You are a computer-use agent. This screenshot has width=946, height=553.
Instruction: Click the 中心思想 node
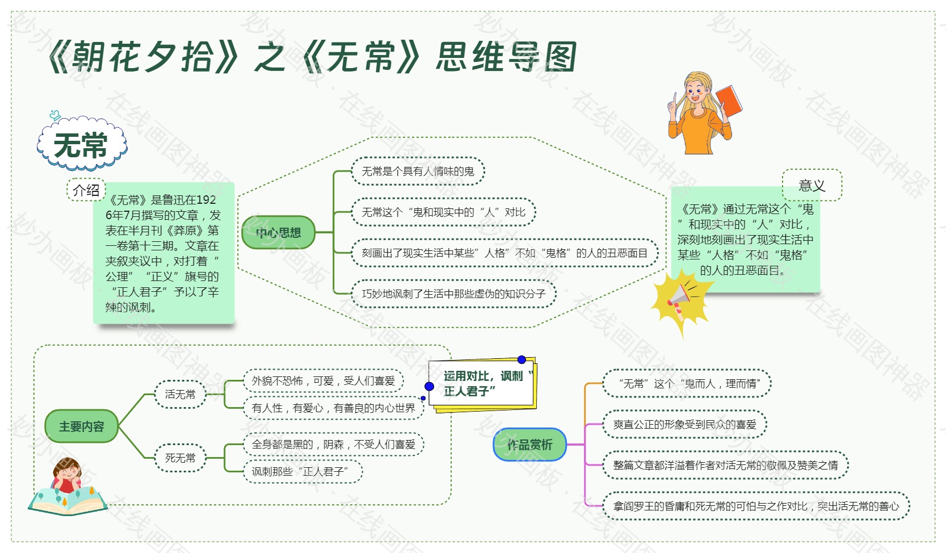[278, 232]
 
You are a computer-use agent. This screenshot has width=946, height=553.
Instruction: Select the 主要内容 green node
[82, 426]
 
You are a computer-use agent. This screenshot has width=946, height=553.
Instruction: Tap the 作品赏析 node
[529, 445]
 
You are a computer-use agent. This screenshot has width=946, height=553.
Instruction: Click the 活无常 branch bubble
[180, 394]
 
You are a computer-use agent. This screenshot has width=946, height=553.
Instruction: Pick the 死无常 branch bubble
[180, 458]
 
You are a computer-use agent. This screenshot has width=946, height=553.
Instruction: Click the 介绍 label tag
[86, 190]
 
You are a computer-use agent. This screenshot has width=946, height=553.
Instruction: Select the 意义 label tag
[812, 185]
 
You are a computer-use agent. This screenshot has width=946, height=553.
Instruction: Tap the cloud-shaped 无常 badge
[82, 144]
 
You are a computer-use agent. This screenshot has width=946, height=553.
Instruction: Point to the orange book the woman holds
[729, 100]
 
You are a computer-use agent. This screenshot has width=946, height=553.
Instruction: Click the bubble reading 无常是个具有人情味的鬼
[418, 171]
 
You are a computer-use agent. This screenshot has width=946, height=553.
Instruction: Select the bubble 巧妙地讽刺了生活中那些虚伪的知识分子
[453, 294]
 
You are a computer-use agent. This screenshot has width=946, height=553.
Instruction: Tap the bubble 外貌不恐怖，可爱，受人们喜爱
[323, 380]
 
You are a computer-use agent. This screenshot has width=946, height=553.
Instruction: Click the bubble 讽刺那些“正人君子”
[303, 471]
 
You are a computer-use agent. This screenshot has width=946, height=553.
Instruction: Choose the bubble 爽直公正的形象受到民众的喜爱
[684, 424]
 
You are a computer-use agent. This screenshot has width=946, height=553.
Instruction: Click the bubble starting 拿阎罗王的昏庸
[756, 506]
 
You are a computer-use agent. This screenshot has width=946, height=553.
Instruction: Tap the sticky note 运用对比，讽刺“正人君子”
[483, 384]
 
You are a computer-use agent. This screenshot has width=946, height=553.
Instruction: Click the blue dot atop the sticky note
[522, 359]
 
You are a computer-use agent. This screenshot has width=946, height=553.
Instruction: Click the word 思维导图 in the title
[506, 57]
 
